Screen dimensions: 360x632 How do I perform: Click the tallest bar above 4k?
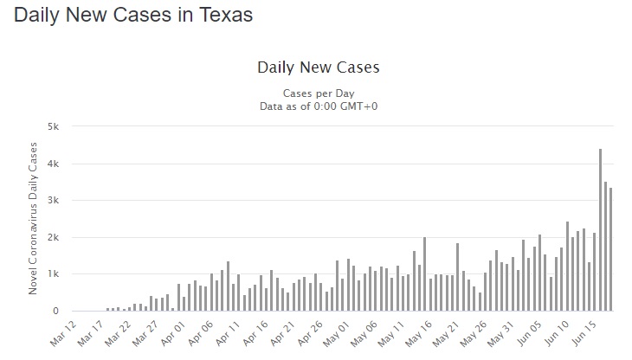coord(600,229)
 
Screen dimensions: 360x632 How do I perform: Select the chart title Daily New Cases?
coord(318,67)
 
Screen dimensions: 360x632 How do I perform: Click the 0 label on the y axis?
coord(55,311)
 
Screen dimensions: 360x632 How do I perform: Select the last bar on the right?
coord(610,249)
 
